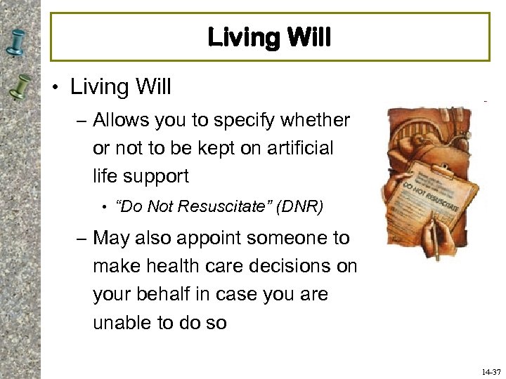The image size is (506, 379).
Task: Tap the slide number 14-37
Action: click(490, 371)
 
